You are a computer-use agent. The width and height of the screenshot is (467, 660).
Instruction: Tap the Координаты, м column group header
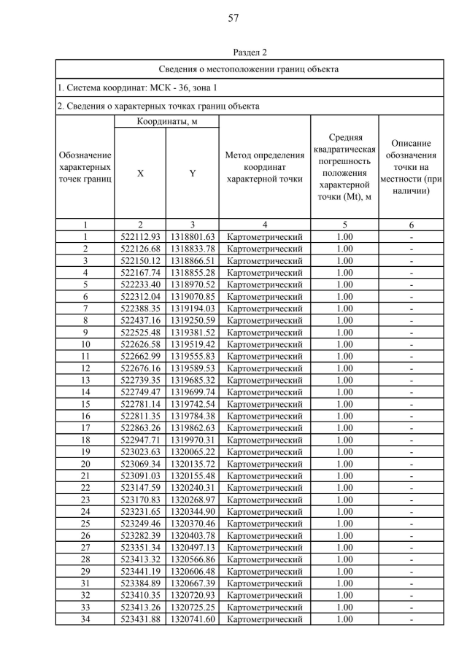pos(166,122)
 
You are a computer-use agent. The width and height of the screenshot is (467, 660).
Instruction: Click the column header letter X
pos(140,174)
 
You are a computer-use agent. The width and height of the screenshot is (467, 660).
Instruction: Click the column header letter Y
pos(192,174)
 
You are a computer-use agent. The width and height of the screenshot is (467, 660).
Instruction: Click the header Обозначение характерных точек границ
pos(85,167)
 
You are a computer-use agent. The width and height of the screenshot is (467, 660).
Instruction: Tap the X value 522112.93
pos(140,237)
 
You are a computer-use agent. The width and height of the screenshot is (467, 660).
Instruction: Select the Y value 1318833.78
pos(192,249)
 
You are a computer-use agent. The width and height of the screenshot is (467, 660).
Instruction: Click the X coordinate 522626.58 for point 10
pos(140,343)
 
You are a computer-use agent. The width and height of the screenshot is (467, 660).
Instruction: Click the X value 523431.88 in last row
pos(140,619)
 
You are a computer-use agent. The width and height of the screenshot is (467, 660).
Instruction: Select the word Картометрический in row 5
pos(264,284)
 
